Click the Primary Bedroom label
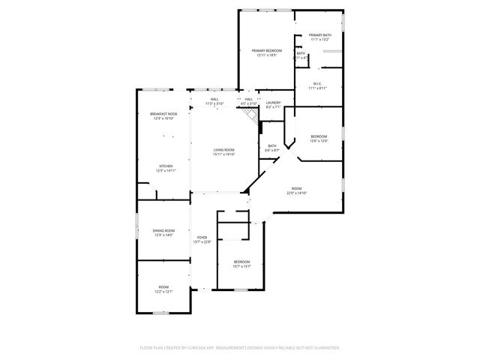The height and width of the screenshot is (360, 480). pos(267,50)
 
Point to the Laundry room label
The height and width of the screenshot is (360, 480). pos(273,103)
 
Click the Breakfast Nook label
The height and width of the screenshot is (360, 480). pos(163,114)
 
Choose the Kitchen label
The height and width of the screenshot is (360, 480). pos(166,166)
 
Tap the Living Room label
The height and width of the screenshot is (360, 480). pos(224,149)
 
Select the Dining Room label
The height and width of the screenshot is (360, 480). pos(163,231)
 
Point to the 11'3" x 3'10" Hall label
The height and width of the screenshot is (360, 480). pos(214,99)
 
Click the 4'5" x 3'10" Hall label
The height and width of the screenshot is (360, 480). pos(249,99)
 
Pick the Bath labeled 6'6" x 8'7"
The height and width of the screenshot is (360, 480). pos(271,145)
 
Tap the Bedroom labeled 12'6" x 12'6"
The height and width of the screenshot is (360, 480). pos(319,136)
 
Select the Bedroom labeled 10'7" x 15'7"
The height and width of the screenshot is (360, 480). pos(241,262)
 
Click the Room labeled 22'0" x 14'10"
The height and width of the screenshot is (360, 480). pos(297,188)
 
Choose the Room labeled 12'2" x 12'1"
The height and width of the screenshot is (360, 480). pos(163,287)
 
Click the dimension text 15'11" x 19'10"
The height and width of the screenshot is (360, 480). pos(224,154)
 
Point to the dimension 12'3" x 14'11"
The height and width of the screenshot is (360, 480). pos(166,171)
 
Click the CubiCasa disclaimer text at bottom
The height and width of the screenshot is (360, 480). pos(240,348)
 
